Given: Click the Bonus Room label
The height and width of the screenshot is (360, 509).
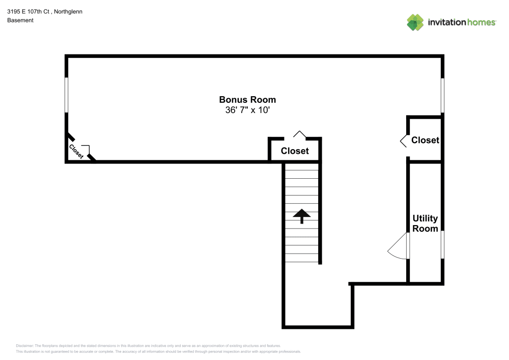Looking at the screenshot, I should [x=247, y=100].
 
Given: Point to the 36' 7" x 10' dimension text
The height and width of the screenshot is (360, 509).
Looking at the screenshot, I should [x=247, y=110].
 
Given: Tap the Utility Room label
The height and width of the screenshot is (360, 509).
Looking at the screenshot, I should [x=425, y=224].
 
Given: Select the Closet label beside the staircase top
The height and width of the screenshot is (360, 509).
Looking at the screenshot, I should [x=295, y=151].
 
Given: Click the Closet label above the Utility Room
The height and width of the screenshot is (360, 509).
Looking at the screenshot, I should [x=425, y=140].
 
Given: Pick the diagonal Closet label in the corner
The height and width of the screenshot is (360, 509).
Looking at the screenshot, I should [x=76, y=152].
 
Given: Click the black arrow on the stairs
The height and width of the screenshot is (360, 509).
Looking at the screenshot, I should [x=302, y=216].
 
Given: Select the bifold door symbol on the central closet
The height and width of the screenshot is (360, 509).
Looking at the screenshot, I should [x=300, y=134].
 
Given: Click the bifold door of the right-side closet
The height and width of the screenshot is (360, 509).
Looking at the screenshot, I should [x=403, y=141].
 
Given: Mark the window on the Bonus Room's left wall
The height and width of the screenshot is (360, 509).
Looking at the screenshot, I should [x=66, y=95].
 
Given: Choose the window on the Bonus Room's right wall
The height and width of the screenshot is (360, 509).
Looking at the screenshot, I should [x=442, y=95].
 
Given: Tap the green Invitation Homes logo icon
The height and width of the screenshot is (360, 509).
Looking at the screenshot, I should [x=415, y=22].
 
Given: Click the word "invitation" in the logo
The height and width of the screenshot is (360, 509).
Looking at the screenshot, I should [x=446, y=22].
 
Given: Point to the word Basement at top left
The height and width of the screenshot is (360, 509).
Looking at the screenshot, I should [x=20, y=20].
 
